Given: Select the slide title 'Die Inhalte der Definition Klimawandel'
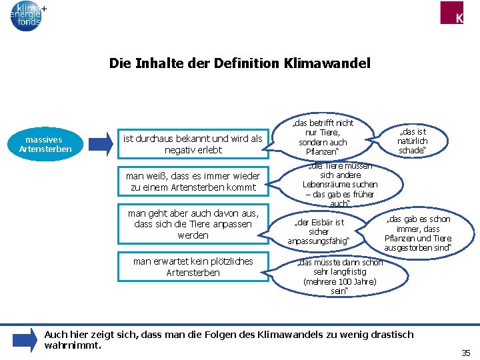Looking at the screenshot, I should (239, 64).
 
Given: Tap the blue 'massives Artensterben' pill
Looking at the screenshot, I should (43, 145).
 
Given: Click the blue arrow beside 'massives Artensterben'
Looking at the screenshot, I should (101, 144).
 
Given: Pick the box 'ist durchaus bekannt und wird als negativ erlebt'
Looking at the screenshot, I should (193, 144).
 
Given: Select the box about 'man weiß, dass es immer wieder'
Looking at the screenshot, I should (193, 182).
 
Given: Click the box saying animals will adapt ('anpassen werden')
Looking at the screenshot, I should (193, 224).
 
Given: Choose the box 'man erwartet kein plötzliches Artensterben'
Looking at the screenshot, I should (193, 267).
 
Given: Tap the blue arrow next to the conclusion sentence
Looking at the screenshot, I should (25, 339).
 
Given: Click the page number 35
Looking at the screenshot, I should (465, 352).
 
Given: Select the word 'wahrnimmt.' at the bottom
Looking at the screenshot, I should (73, 345).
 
